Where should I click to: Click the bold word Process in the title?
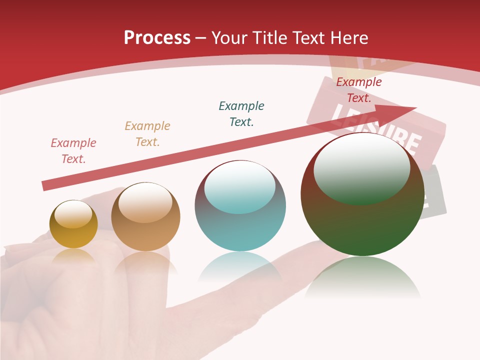click(157, 37)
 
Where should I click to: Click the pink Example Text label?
click(73, 151)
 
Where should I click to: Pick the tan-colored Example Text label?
click(147, 134)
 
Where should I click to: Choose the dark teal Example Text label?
click(241, 114)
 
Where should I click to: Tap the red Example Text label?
click(359, 90)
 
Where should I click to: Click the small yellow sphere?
click(73, 232)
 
